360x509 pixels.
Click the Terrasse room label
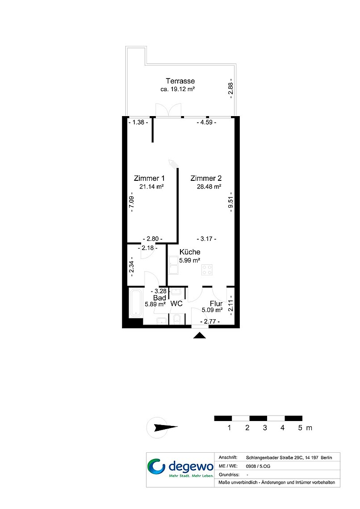point(180,81)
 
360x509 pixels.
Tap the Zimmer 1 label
point(149,178)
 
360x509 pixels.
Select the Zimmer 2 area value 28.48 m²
point(209,187)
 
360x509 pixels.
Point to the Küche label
point(190,252)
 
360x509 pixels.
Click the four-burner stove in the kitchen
point(207,270)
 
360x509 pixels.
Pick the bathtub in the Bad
point(136,303)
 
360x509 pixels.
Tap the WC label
point(176,304)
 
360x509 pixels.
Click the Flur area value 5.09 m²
point(212,310)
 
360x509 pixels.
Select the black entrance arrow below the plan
point(200,336)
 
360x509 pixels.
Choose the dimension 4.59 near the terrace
point(206,122)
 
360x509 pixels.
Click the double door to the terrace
point(168,110)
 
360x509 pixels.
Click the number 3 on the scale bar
point(265,428)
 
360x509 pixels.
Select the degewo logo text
point(191,467)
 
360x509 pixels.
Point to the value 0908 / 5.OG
point(258,466)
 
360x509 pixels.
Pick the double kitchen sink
point(173,265)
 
